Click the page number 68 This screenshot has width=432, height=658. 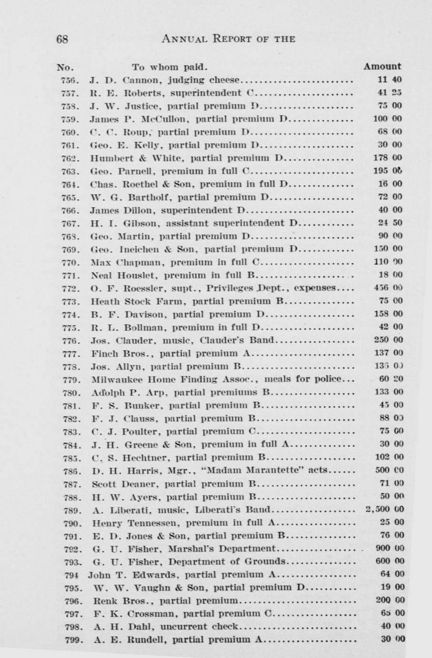click(x=62, y=39)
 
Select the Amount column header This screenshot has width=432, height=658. click(x=382, y=66)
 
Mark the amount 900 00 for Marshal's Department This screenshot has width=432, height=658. click(x=390, y=548)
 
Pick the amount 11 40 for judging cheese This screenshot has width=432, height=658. click(x=389, y=80)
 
